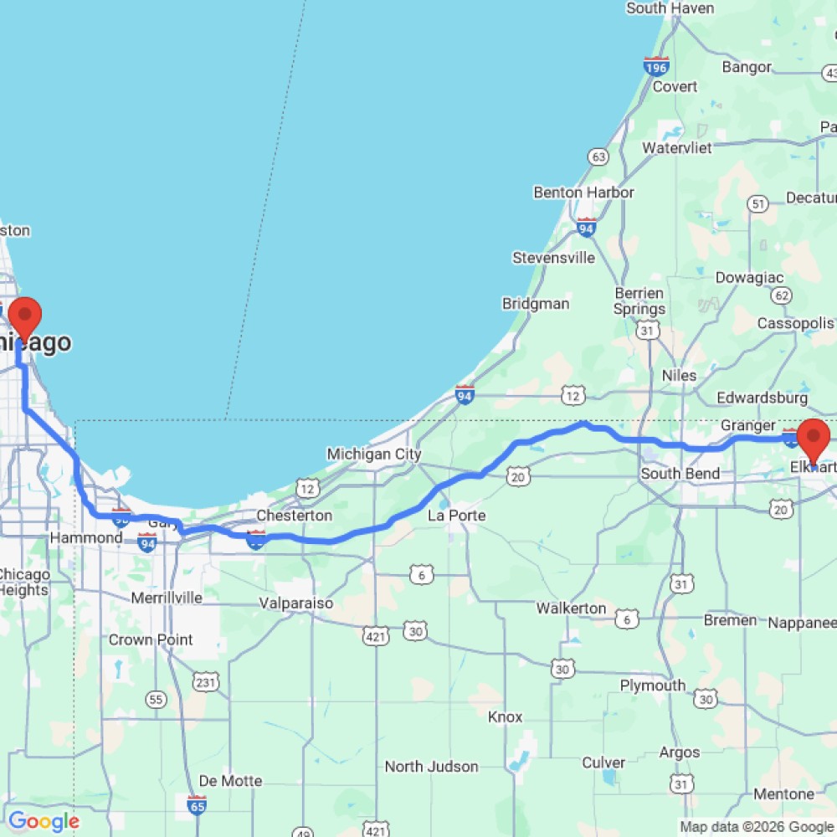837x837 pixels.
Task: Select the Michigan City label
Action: tap(373, 454)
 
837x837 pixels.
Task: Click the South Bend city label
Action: tap(680, 474)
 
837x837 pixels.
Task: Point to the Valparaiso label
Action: tap(296, 603)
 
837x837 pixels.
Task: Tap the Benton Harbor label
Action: tap(583, 193)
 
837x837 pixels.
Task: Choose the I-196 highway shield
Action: tap(656, 66)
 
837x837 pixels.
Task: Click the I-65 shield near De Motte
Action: tap(198, 804)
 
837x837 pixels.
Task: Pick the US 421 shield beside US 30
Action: tap(375, 635)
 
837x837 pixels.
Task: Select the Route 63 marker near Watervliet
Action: tap(598, 157)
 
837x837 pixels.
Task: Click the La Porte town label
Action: tap(456, 516)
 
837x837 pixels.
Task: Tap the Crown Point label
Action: tap(151, 639)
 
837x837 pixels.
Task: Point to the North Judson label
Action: tap(431, 767)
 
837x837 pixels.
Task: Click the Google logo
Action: tap(44, 822)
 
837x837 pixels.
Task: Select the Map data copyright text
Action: tap(756, 827)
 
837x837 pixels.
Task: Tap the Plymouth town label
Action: tap(653, 686)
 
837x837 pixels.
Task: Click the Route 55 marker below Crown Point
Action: tap(156, 699)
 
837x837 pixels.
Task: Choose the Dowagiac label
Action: tap(749, 277)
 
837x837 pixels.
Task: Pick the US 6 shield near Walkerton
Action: tap(626, 619)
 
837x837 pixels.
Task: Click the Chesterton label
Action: tap(294, 516)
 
